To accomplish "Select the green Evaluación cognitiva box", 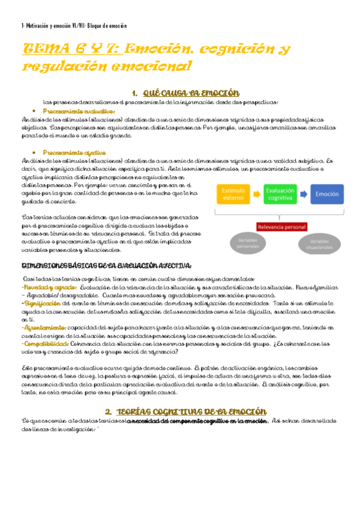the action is tap(281, 194).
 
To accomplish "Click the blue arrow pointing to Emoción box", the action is tap(305, 194).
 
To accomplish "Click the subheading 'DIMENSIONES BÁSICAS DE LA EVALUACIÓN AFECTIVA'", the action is tap(107, 265).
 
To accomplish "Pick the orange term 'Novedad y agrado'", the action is tap(44, 287).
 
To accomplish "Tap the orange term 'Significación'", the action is tap(40, 303).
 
